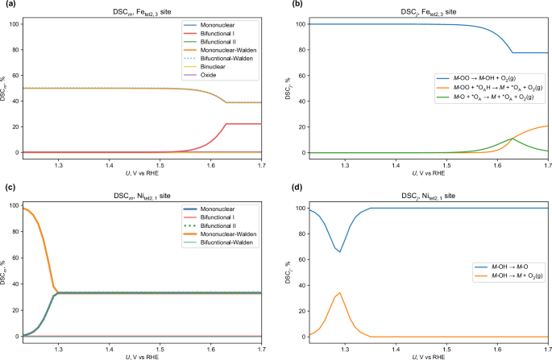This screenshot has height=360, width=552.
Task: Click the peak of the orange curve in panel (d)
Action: point(340,292)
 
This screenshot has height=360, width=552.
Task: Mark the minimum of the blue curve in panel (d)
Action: point(340,252)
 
